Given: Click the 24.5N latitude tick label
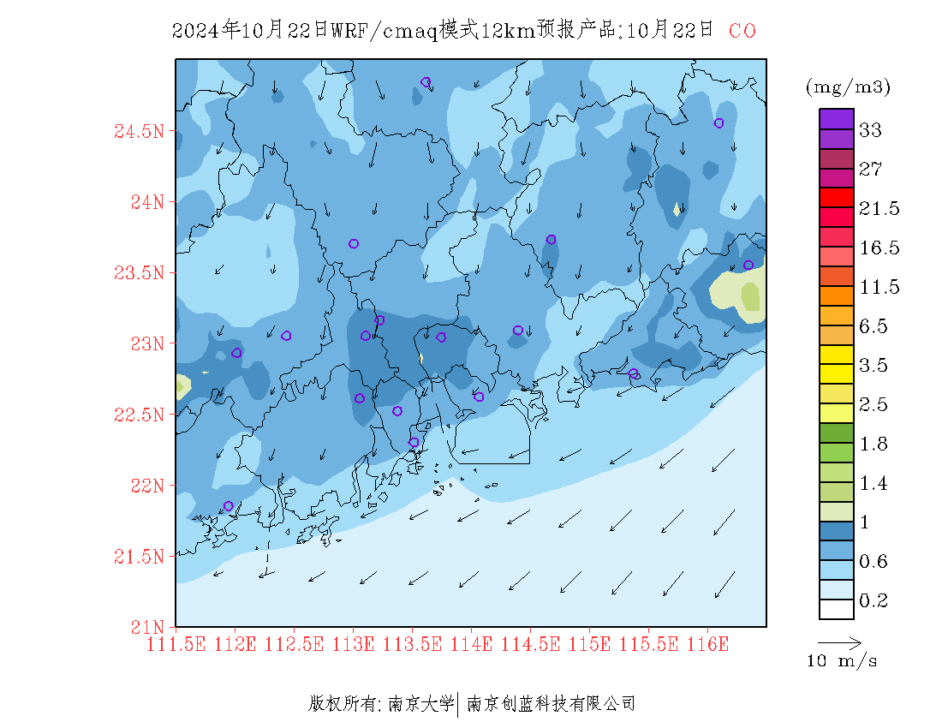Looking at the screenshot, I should coord(139,132).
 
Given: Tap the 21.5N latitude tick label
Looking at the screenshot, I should coord(139,558).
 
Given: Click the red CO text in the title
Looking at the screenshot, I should coord(742,31).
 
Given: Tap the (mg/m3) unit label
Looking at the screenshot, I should coord(848,87).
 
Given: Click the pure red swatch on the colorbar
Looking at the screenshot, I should coord(837,197).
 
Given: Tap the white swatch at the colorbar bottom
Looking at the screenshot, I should coord(837,609).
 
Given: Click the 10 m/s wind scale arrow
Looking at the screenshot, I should coord(839,641).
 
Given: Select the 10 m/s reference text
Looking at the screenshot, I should coord(843,661).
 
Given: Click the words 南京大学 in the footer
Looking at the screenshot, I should coord(420,705).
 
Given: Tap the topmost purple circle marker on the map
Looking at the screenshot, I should coord(426,82).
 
